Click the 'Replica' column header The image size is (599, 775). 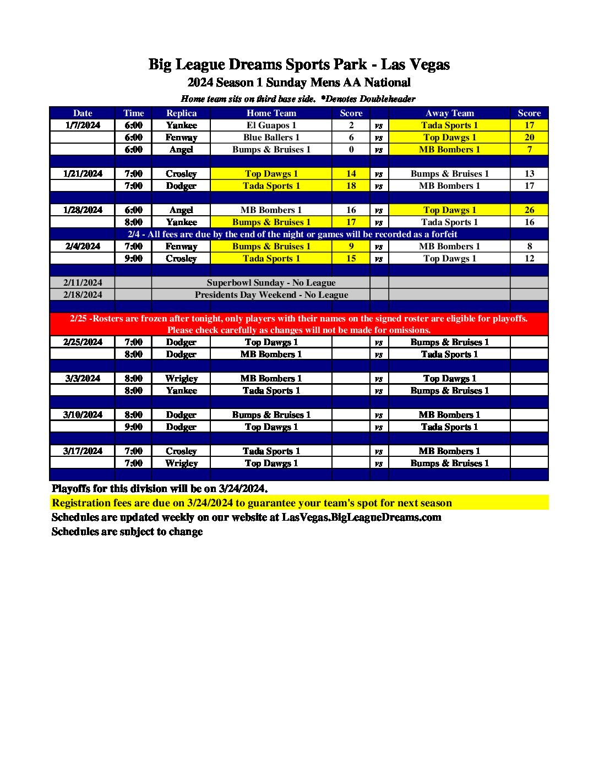[181, 113]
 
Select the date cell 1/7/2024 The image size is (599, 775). [83, 125]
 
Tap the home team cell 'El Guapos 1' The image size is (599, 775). [271, 125]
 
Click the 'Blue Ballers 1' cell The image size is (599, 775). [271, 137]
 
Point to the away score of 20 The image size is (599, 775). [529, 137]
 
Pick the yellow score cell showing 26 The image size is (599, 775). [529, 210]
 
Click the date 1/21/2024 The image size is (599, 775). [83, 173]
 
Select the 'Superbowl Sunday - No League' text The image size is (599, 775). [271, 282]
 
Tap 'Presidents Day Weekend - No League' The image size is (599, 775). [271, 294]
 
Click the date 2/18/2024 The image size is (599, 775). [83, 294]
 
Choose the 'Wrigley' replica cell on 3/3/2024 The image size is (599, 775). [181, 378]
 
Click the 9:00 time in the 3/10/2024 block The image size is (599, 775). [133, 427]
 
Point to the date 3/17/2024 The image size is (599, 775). [83, 451]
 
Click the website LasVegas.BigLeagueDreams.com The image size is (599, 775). [361, 517]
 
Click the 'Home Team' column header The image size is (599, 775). [271, 113]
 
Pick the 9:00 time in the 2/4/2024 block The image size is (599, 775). [133, 258]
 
